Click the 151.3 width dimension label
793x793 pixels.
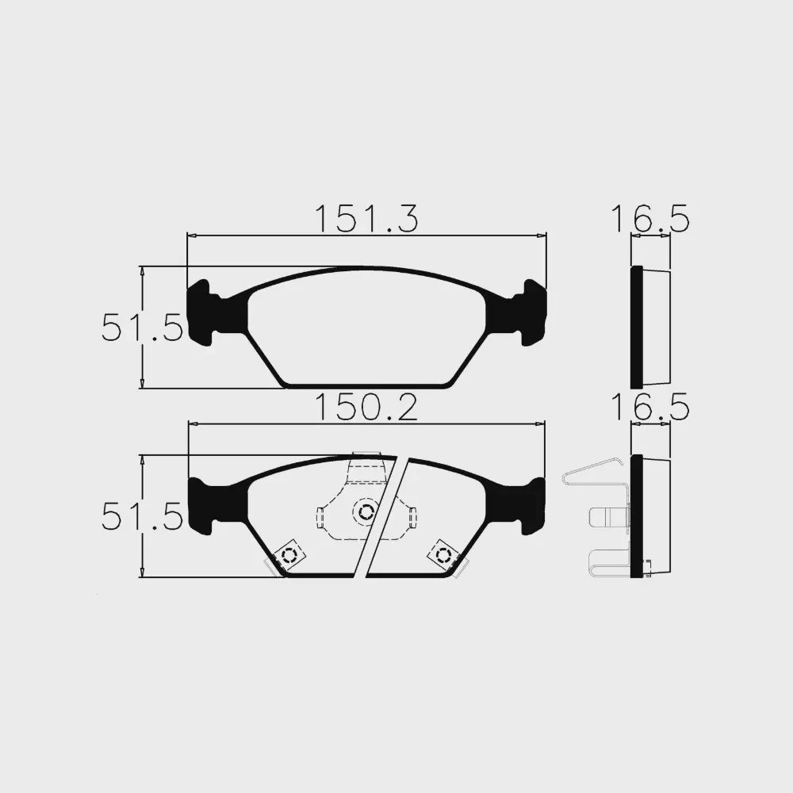tap(366, 219)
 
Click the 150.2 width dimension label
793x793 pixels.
tap(366, 407)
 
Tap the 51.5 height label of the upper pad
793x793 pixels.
tap(142, 328)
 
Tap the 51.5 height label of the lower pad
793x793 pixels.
tap(142, 516)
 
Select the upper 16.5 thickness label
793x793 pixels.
tap(650, 219)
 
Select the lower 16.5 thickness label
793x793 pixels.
tap(650, 407)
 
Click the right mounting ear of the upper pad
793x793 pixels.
tap(534, 312)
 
